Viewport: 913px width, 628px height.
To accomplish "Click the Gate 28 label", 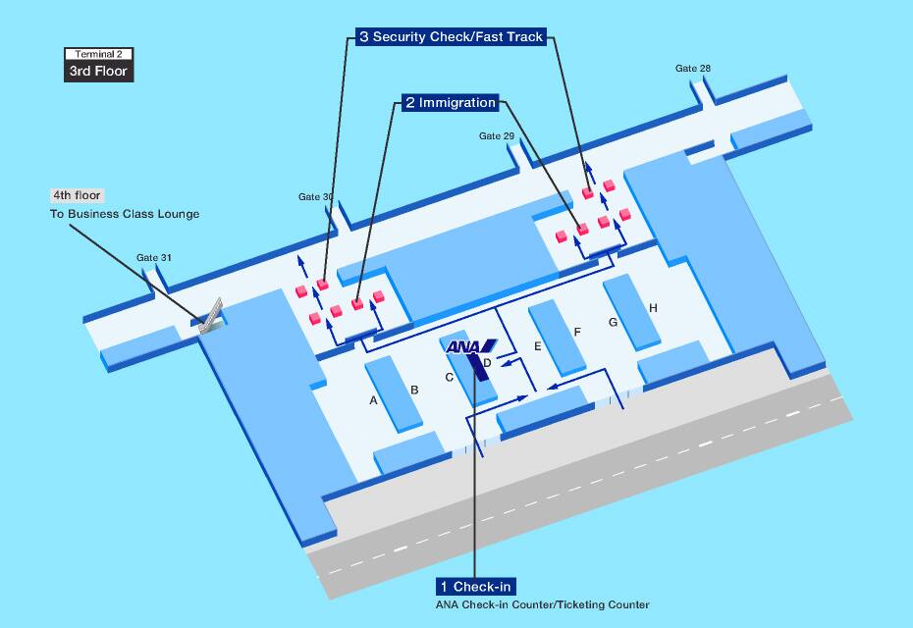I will tap(692, 69).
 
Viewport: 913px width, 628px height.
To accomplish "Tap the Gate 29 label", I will tap(497, 136).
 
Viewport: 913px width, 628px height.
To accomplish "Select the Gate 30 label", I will tap(315, 197).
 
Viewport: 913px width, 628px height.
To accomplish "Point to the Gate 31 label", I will tap(154, 258).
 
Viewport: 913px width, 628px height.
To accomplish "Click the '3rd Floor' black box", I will tap(98, 72).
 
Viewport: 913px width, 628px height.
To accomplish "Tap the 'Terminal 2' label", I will tap(98, 54).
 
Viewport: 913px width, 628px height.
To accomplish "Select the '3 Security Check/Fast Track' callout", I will tap(450, 37).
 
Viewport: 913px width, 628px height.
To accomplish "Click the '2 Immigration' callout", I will tap(450, 102).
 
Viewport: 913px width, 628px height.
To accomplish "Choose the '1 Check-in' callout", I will tap(476, 587).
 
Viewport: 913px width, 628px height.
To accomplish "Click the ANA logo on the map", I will tap(471, 346).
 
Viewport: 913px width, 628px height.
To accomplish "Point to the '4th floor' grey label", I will tap(77, 195).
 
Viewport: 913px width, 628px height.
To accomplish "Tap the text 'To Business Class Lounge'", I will tap(125, 214).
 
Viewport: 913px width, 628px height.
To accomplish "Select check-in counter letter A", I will tap(373, 400).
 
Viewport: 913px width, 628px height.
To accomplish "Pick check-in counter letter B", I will tap(414, 391).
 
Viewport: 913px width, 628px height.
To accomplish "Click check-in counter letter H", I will tap(653, 309).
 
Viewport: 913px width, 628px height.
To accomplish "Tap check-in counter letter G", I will tap(613, 322).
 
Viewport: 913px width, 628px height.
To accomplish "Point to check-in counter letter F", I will tap(577, 333).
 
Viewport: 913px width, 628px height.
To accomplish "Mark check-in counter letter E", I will tap(537, 346).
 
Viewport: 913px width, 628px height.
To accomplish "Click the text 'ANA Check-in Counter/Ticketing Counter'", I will tap(542, 605).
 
